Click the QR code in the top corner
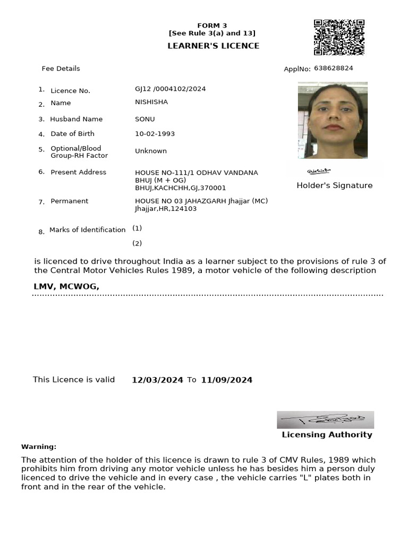339,38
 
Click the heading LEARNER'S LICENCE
213,46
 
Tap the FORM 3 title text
212,25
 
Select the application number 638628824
334,69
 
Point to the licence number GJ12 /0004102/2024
170,89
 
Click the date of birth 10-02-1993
155,134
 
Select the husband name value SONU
144,119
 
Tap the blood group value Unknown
150,151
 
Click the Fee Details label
61,69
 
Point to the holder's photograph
333,120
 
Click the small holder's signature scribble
319,171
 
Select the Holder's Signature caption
334,185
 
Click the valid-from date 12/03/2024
157,380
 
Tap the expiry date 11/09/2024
226,380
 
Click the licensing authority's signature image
325,420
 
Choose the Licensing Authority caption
327,435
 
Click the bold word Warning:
39,447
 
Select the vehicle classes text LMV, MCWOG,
66,286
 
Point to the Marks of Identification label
87,230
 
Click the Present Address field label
78,172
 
